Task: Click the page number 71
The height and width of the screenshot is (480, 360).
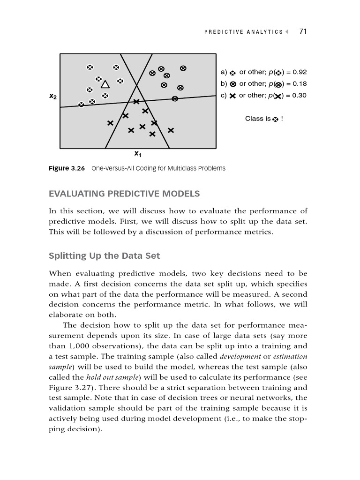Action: click(303, 31)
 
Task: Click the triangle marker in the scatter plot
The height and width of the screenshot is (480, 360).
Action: click(105, 84)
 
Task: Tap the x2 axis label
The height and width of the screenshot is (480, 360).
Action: click(53, 97)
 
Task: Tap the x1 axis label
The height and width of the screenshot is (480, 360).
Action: click(137, 154)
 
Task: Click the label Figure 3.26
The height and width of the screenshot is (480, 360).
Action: click(67, 168)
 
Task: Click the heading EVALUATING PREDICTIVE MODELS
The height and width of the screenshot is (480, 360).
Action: click(124, 194)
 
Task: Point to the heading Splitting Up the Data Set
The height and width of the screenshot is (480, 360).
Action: click(104, 255)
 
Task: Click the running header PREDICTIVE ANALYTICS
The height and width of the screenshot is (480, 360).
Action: click(243, 32)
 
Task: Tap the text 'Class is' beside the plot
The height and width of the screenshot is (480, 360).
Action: click(257, 119)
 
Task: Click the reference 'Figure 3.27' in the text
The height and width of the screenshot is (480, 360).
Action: click(67, 388)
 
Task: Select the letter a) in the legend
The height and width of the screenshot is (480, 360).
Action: click(224, 72)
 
